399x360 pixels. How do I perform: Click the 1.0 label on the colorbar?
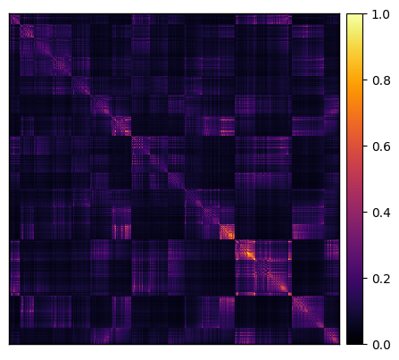(381, 14)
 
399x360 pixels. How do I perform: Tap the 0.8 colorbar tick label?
(381, 80)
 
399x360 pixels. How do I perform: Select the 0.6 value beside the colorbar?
(381, 147)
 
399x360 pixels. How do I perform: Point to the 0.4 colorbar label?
(381, 213)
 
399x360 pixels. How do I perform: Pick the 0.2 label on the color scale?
(381, 279)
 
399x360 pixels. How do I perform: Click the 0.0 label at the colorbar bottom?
(381, 345)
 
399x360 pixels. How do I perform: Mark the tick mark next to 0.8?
(365, 80)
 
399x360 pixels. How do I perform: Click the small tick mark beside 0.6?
(365, 146)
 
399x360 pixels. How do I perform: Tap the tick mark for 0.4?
(365, 212)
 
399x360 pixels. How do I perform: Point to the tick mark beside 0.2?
(365, 278)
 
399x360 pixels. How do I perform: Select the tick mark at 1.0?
(365, 13)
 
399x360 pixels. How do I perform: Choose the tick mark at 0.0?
(365, 344)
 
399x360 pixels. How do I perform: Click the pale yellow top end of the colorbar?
(355, 15)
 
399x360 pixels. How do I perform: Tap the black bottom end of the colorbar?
(355, 342)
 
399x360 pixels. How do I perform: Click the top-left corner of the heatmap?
(10, 13)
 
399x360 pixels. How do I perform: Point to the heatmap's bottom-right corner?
(340, 344)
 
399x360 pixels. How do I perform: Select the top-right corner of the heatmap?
(340, 13)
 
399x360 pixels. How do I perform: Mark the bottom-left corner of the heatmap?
(10, 344)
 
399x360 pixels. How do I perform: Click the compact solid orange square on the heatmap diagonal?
(227, 232)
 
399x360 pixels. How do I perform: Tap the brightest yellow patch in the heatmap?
(249, 254)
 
